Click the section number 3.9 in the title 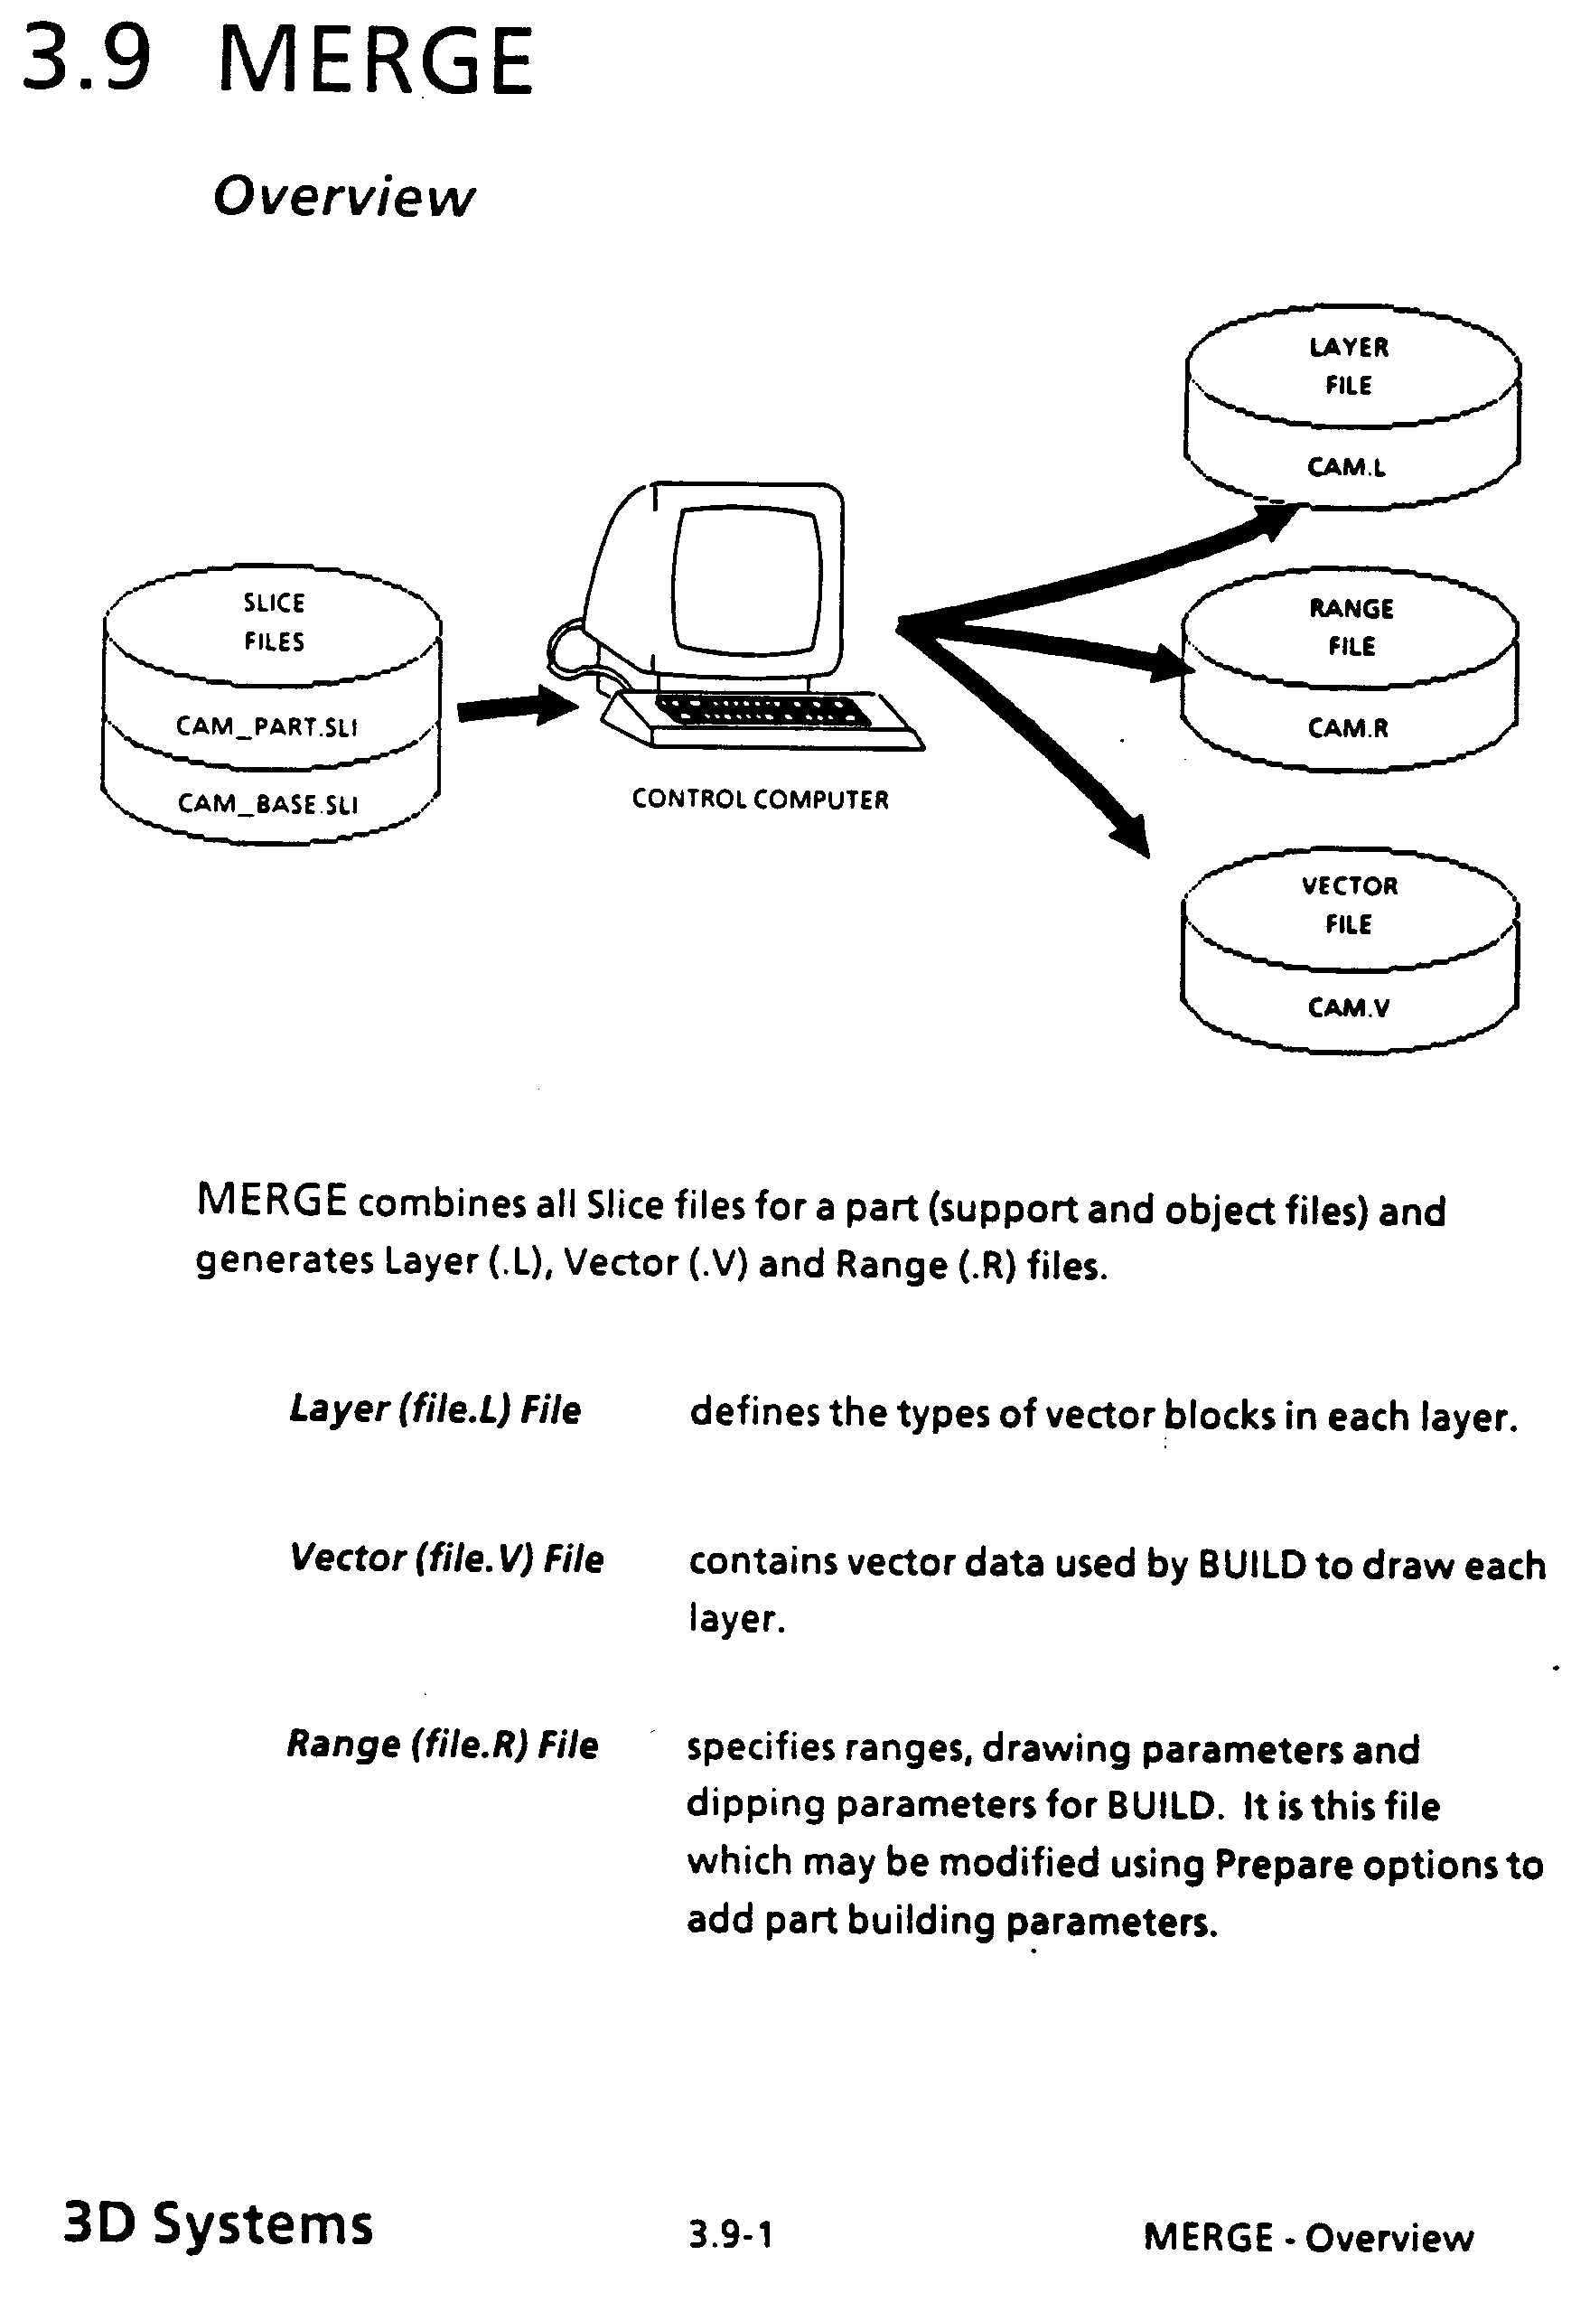(87, 60)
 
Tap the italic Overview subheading (343, 196)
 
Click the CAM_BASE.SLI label (267, 803)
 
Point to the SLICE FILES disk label (274, 622)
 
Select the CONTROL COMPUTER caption (760, 799)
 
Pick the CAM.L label (1346, 466)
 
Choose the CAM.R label (1348, 727)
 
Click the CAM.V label (1348, 1007)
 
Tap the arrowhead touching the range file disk (1172, 661)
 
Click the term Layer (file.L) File (435, 1409)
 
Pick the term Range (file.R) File (442, 1745)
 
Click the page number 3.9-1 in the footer (730, 2235)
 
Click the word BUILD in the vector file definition (1251, 1565)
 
